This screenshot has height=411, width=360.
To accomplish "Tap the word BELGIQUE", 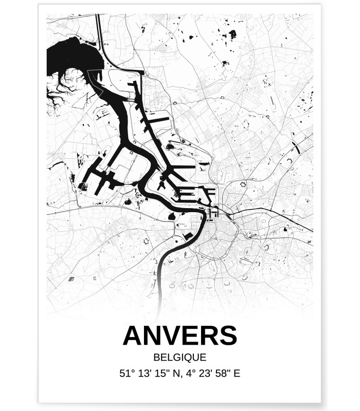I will click(x=179, y=357).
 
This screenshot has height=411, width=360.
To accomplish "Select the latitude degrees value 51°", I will click(x=126, y=373).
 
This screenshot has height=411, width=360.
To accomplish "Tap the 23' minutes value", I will click(x=205, y=373).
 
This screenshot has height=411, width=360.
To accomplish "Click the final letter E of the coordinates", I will click(x=237, y=373).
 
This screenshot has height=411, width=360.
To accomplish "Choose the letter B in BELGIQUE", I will click(x=156, y=357).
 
